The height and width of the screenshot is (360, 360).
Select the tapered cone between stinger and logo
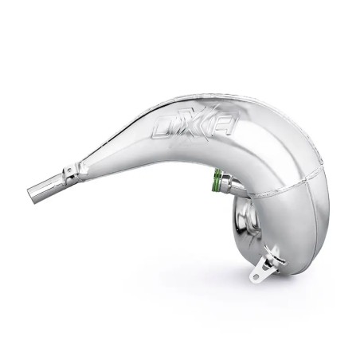pyautogui.click(x=112, y=155)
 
